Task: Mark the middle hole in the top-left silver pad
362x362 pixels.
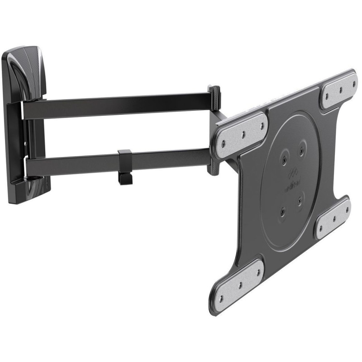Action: click(x=243, y=134)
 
